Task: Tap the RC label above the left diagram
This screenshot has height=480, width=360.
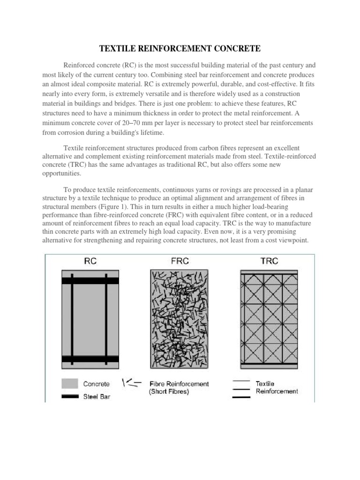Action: [90, 262]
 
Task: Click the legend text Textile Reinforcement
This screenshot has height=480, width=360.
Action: [277, 387]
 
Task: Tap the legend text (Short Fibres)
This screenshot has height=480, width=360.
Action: [169, 392]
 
